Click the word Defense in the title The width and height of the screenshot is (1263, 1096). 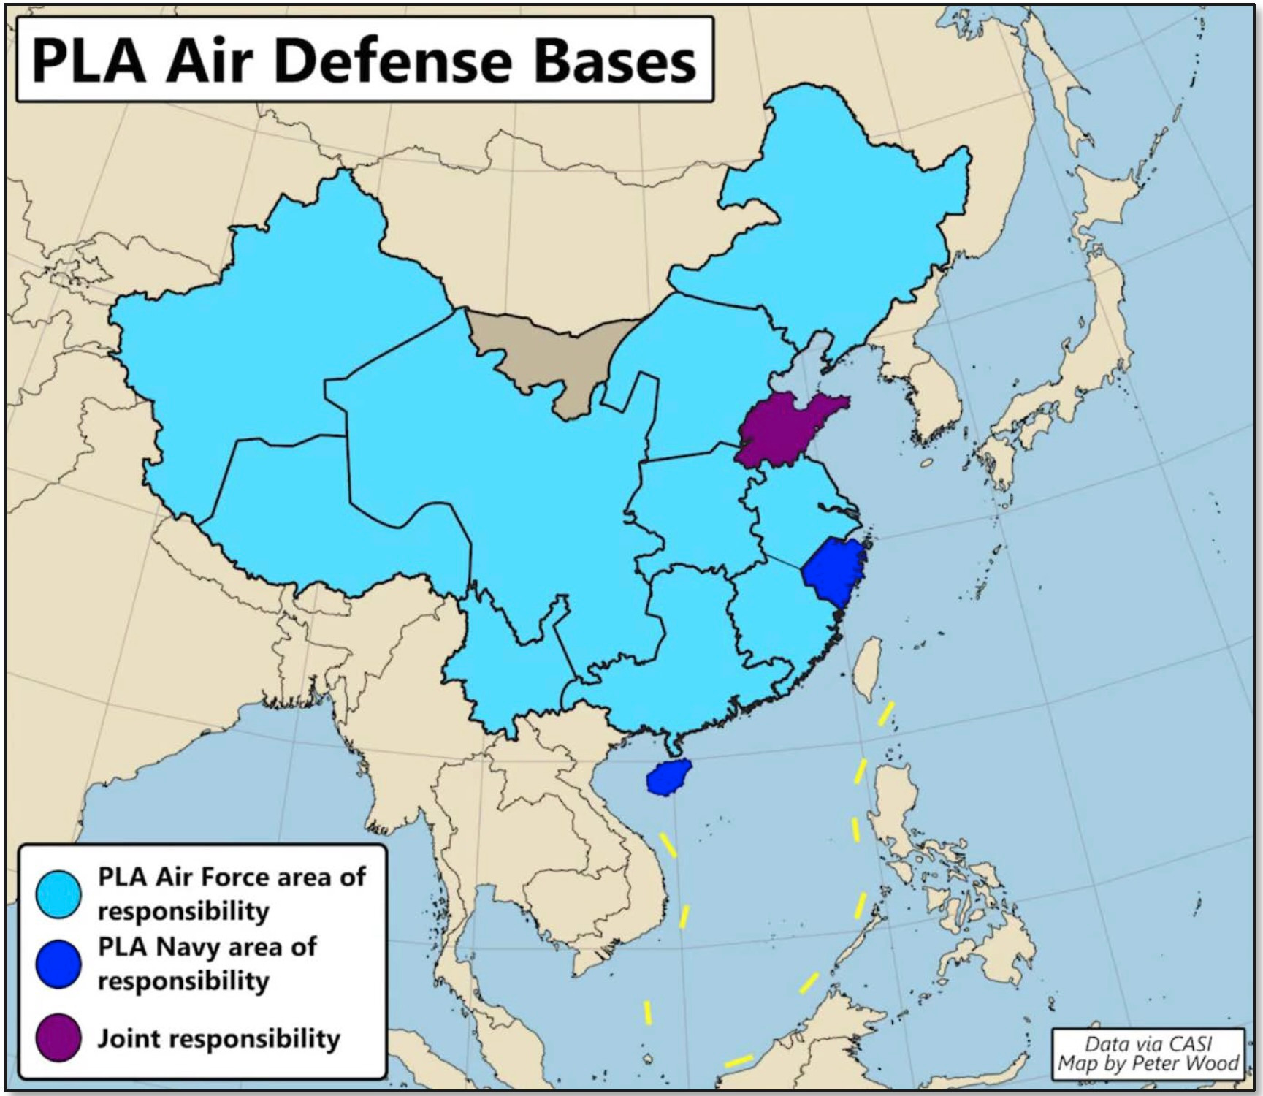pyautogui.click(x=392, y=61)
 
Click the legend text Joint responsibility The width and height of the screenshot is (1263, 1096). pyautogui.click(x=219, y=1038)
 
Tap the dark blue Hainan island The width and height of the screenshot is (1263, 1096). pyautogui.click(x=668, y=778)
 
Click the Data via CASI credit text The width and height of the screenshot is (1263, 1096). pyautogui.click(x=1148, y=1043)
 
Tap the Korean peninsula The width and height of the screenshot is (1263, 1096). pyautogui.click(x=931, y=395)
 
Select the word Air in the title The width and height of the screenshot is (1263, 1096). pyautogui.click(x=208, y=61)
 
